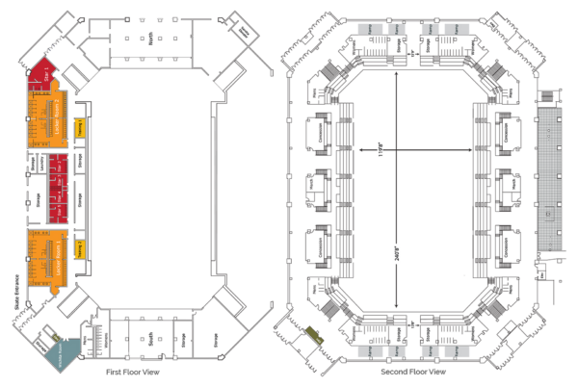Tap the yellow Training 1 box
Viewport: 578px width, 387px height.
pos(81,127)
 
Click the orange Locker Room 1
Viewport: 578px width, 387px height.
pos(47,257)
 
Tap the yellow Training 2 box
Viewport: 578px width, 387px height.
pos(81,248)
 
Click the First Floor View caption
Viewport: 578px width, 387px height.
pos(132,371)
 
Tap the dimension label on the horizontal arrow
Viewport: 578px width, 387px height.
pos(380,150)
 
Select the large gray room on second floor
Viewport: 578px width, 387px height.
pos(550,178)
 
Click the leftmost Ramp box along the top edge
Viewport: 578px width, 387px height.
pos(370,30)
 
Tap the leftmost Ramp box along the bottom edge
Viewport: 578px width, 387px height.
pos(370,351)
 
